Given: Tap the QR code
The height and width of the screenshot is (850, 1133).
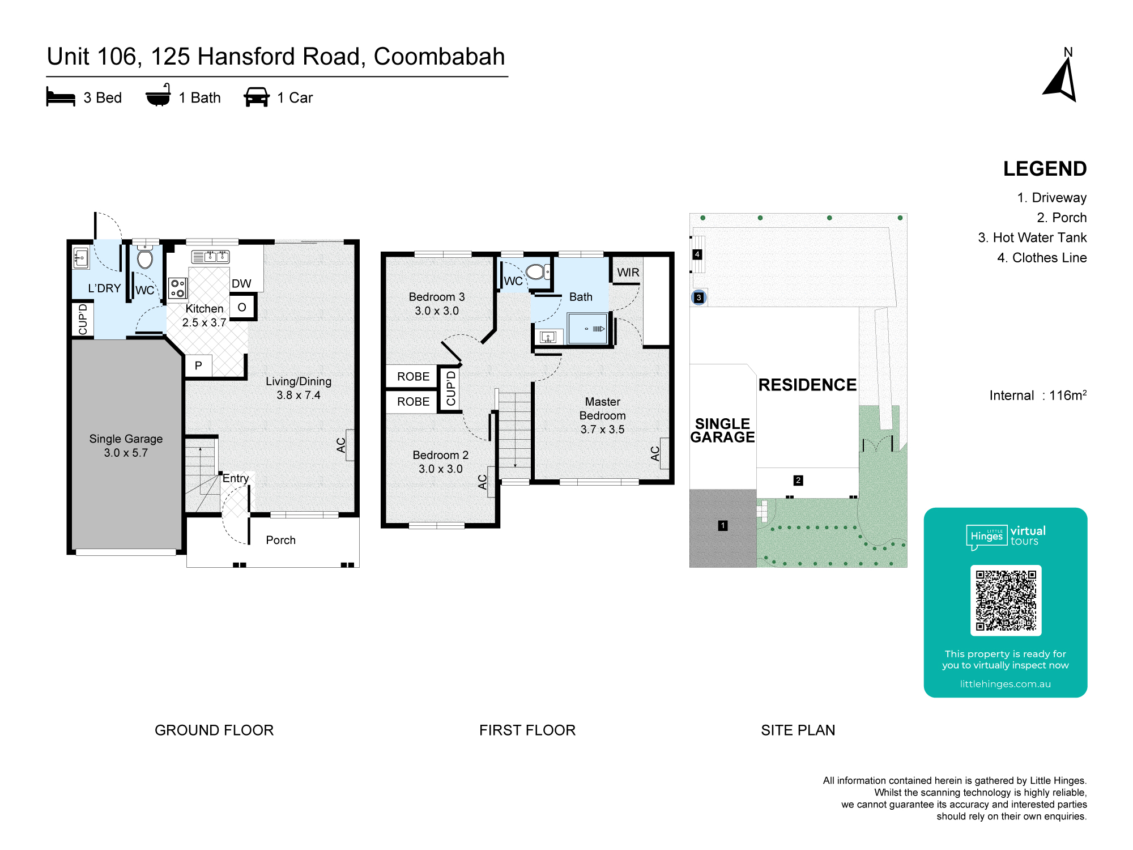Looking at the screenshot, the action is (1006, 600).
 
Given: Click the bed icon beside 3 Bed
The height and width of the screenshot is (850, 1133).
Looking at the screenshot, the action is (61, 97).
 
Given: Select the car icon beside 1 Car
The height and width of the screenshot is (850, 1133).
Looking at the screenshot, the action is (257, 97).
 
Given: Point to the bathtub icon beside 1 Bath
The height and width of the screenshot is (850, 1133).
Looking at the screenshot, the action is (158, 95).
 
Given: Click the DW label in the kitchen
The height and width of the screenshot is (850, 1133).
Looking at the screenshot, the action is (241, 283).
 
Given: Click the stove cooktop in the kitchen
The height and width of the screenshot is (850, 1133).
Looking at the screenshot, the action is (178, 288).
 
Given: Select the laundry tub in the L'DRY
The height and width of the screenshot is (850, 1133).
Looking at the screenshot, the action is (82, 258).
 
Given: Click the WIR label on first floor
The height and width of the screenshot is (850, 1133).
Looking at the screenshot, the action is (628, 273).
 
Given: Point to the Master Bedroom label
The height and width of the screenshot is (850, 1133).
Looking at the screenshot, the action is (602, 415).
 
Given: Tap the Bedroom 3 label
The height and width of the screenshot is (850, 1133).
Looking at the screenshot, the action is (437, 304).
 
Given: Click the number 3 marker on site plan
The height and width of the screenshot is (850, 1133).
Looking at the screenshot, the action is (698, 297).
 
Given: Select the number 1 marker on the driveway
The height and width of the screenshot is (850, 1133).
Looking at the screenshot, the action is (723, 525).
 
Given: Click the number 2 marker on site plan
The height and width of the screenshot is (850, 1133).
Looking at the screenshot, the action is (798, 481).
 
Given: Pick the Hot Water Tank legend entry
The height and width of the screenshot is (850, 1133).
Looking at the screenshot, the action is (1032, 237).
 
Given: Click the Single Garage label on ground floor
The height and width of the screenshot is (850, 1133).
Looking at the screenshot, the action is (126, 445).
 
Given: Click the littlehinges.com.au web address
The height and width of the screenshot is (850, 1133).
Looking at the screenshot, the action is (1006, 684).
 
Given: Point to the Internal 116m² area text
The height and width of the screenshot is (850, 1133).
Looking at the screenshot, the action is (1038, 395).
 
